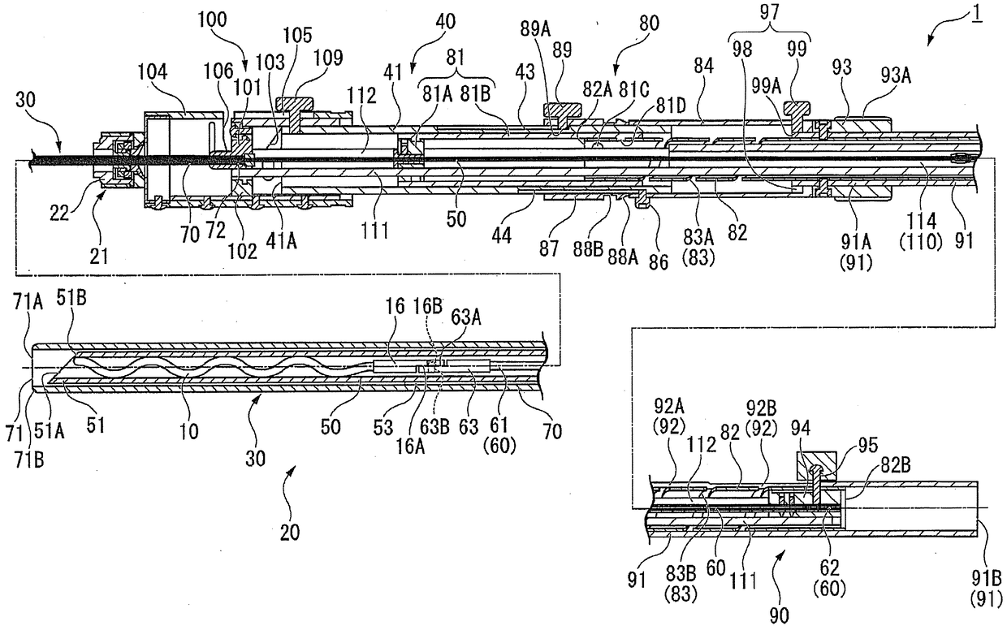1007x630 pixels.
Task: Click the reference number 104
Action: tap(154, 72)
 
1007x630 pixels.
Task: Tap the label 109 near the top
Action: tap(331, 58)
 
